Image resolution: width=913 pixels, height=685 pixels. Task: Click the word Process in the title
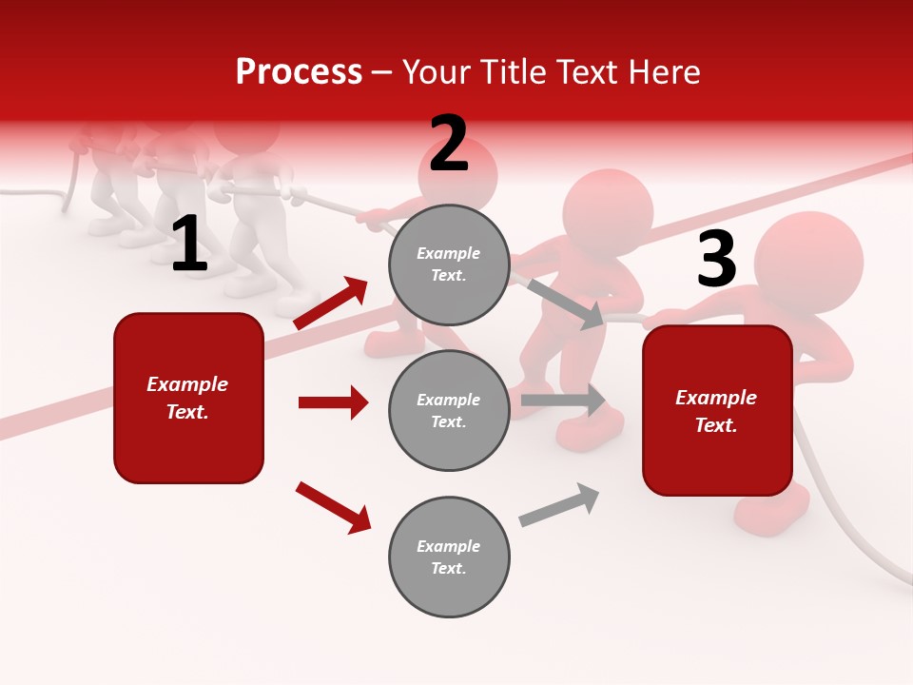point(299,72)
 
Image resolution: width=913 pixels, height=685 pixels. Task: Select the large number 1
point(189,245)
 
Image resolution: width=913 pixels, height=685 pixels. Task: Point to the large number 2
point(449,144)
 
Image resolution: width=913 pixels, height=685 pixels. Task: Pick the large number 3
point(716,260)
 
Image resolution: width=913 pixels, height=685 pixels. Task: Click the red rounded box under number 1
point(188,398)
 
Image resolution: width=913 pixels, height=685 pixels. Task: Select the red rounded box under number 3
point(717,411)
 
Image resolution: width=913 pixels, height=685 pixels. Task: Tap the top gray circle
point(449,264)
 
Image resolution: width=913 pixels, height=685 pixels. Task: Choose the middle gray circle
point(449,411)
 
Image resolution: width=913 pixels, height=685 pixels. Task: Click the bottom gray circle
point(449,558)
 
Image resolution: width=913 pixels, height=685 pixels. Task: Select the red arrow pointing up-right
point(331,303)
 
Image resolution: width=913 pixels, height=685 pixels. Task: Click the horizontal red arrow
point(333,402)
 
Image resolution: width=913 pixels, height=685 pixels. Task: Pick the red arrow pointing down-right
point(333,507)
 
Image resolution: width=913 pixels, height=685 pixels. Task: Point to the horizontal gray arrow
point(563,400)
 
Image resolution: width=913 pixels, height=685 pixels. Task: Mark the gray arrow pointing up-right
point(559,505)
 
